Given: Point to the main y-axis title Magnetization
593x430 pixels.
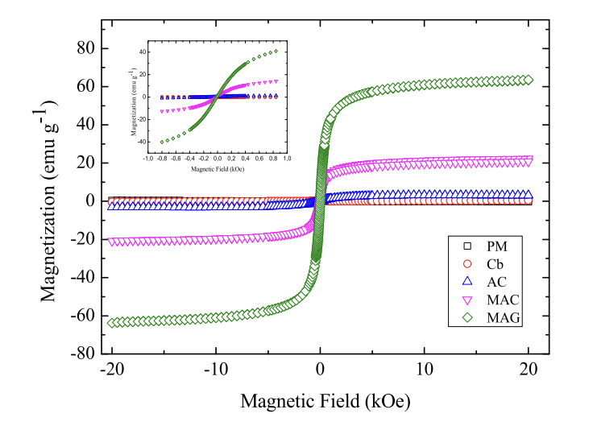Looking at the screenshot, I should point(50,201).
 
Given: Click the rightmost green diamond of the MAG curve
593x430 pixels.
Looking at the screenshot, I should point(529,80).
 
